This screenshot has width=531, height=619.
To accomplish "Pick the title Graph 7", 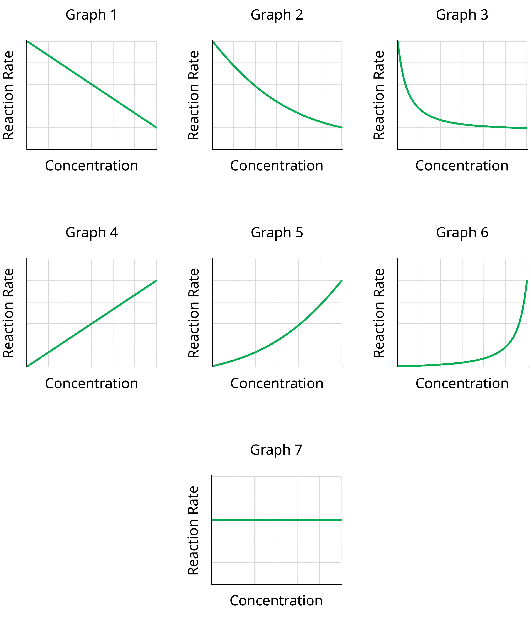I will tap(276, 450).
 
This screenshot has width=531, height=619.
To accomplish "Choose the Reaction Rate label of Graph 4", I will tap(8, 313).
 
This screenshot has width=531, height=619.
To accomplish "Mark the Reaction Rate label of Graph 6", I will tap(379, 313).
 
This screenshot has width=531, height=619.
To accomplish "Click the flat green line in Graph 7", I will tap(276, 519).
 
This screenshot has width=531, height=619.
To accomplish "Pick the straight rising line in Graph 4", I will tap(92, 323).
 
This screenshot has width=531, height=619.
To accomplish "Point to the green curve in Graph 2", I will tap(277, 102).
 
